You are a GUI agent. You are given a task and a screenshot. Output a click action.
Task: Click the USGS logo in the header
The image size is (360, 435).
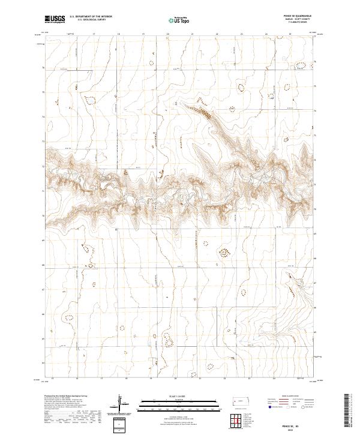tap(55, 19)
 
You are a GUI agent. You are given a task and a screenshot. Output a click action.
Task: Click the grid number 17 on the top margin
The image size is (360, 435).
tap(94, 35)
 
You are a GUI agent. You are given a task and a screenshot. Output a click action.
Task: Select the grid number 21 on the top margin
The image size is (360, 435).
tap(192, 35)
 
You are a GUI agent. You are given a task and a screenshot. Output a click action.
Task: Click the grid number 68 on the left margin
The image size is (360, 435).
tap(43, 263)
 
